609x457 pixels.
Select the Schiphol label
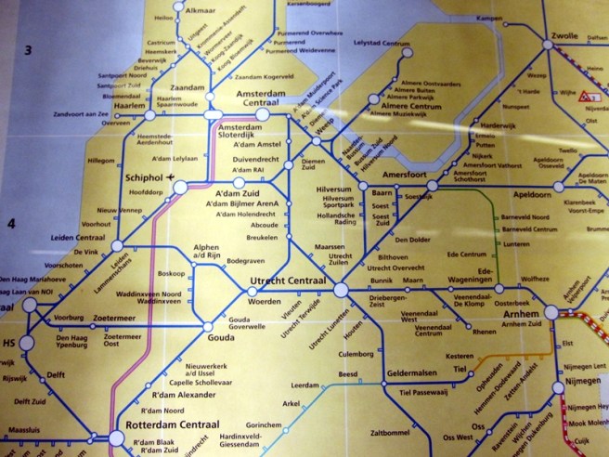pyautogui.click(x=142, y=176)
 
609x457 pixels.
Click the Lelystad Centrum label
pyautogui.click(x=382, y=44)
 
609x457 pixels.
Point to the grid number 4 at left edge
pyautogui.click(x=12, y=225)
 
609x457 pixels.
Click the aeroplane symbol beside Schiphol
pyautogui.click(x=174, y=176)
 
